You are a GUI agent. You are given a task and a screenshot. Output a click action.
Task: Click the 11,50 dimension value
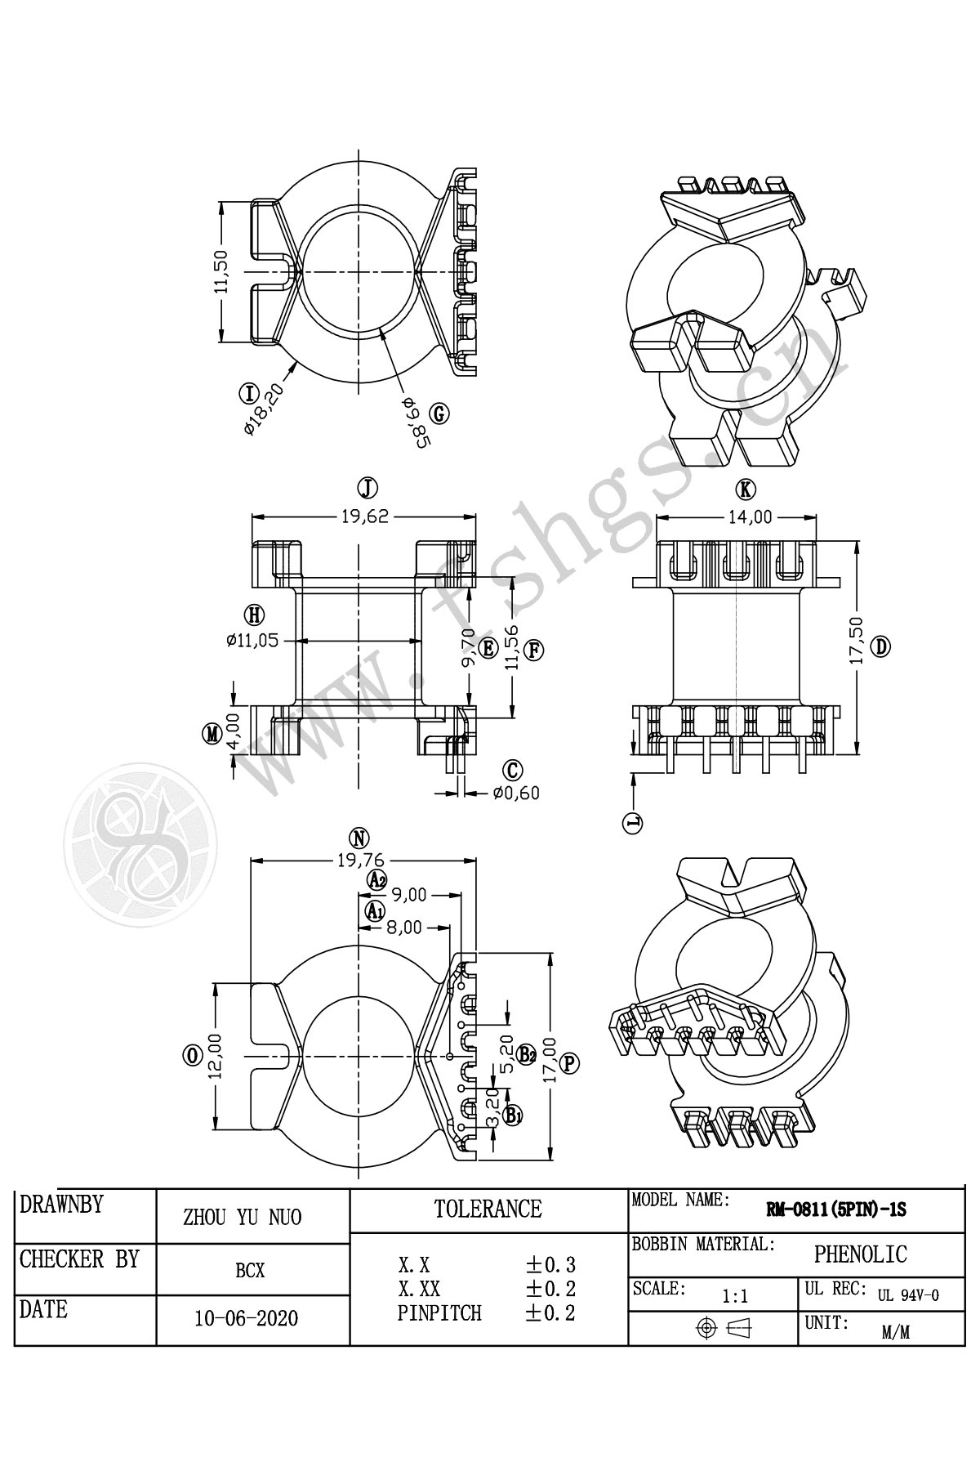pyautogui.click(x=220, y=272)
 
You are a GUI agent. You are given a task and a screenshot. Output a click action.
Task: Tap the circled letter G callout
pyautogui.click(x=439, y=414)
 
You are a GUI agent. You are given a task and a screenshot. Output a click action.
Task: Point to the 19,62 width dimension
pyautogui.click(x=363, y=516)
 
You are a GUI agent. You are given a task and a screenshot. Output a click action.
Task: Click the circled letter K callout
pyautogui.click(x=745, y=490)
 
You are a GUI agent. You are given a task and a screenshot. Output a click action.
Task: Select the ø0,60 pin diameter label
pyautogui.click(x=516, y=792)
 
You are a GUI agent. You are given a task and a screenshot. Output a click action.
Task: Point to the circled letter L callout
pyautogui.click(x=633, y=823)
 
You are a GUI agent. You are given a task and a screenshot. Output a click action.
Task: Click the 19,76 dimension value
pyautogui.click(x=361, y=859)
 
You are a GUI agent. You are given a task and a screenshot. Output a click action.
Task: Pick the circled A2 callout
pyautogui.click(x=376, y=879)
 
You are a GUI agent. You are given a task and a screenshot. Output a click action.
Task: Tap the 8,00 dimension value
pyautogui.click(x=404, y=927)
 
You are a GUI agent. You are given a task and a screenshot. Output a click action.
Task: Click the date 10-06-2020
pyautogui.click(x=246, y=1318)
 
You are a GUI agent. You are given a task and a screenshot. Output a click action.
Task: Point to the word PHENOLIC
pyautogui.click(x=860, y=1254)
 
